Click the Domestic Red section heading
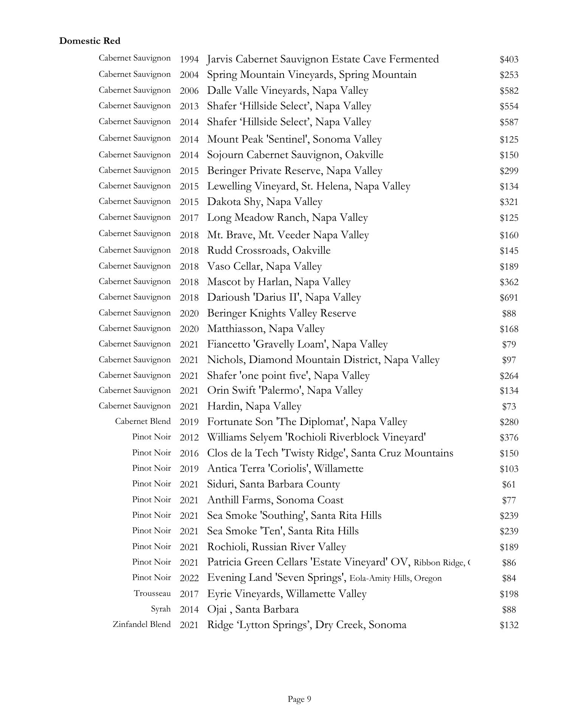[x=90, y=41]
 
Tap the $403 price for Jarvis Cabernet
[x=509, y=59]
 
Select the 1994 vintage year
[x=189, y=59]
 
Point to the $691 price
[x=509, y=298]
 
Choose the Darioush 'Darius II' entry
[x=284, y=298]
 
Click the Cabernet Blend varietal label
[x=143, y=421]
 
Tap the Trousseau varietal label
[x=152, y=593]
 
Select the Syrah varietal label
[x=161, y=609]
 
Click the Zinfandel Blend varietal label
[x=142, y=624]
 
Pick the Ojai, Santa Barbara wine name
[x=253, y=609]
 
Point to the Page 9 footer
[x=299, y=699]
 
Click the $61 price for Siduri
[x=509, y=484]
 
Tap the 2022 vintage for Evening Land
[x=189, y=578]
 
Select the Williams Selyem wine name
[x=316, y=437]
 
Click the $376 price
[x=509, y=437]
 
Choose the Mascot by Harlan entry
[x=279, y=282]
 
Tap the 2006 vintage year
[x=189, y=91]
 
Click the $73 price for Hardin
[x=509, y=406]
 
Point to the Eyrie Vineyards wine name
[x=287, y=594]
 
